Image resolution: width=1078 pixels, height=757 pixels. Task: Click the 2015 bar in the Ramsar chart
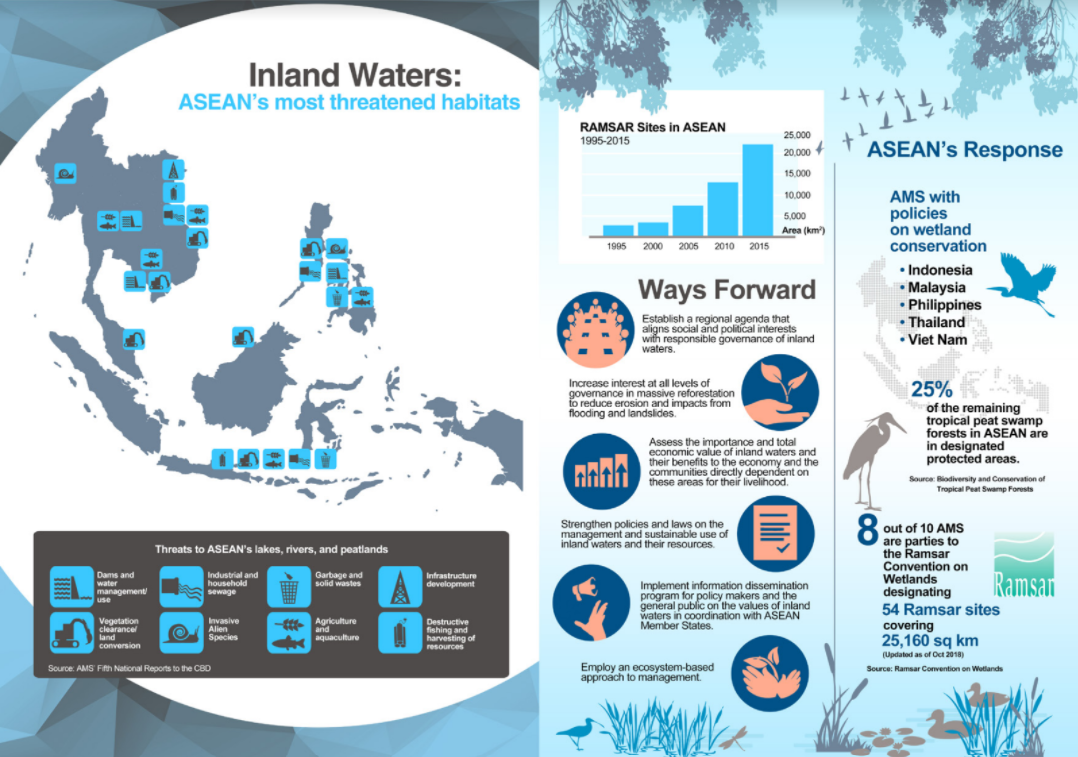point(758,190)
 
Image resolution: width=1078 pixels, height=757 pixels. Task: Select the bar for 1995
point(618,230)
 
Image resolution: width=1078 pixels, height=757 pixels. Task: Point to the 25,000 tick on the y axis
point(797,135)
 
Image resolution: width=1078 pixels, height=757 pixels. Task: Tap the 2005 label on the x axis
point(688,246)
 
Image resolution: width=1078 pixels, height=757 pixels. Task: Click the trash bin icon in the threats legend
point(289,586)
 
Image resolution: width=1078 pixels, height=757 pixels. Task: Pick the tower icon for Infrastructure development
point(399,586)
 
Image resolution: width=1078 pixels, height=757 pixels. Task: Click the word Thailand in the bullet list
point(936,322)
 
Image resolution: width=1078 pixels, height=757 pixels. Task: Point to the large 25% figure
point(932,389)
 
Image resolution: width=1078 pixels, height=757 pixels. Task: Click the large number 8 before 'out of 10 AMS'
point(868,529)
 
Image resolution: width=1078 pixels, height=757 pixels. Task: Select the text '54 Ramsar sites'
point(940,610)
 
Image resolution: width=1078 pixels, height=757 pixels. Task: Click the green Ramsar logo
point(1024,564)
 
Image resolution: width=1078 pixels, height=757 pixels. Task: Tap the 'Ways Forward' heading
point(727,289)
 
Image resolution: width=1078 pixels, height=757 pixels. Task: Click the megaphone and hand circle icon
point(591,603)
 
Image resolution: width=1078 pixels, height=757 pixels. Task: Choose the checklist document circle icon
point(776,533)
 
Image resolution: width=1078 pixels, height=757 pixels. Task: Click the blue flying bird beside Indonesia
point(1026,283)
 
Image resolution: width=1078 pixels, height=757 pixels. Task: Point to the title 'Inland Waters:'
point(355,74)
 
